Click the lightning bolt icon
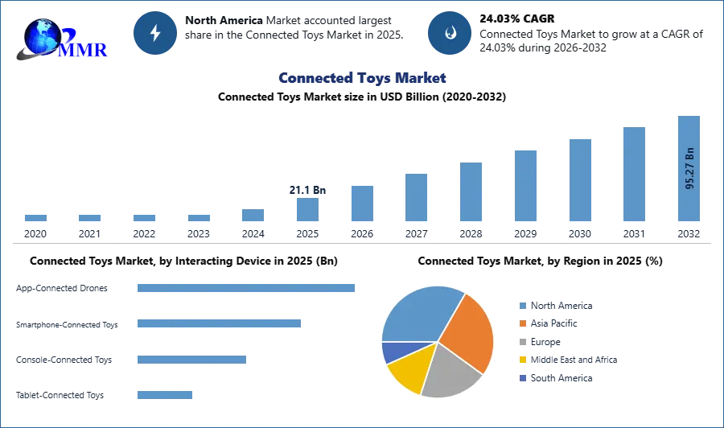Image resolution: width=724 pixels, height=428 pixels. [x=155, y=32]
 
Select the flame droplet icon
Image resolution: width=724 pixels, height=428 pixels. [x=450, y=33]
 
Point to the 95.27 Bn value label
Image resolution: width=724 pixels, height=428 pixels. [x=689, y=168]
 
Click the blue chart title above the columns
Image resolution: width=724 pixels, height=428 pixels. [x=363, y=78]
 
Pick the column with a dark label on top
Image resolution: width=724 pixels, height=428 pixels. [x=308, y=208]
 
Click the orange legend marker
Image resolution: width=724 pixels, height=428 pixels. [x=521, y=323]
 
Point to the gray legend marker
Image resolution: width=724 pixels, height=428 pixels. [x=521, y=342]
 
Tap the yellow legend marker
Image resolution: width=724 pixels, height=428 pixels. [x=521, y=360]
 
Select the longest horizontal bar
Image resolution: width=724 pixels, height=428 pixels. [x=247, y=289]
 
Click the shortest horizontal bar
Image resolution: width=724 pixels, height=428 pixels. [x=164, y=393]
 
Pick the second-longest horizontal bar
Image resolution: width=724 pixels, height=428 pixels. [x=218, y=323]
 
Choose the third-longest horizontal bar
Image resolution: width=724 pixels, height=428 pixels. [x=192, y=360]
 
